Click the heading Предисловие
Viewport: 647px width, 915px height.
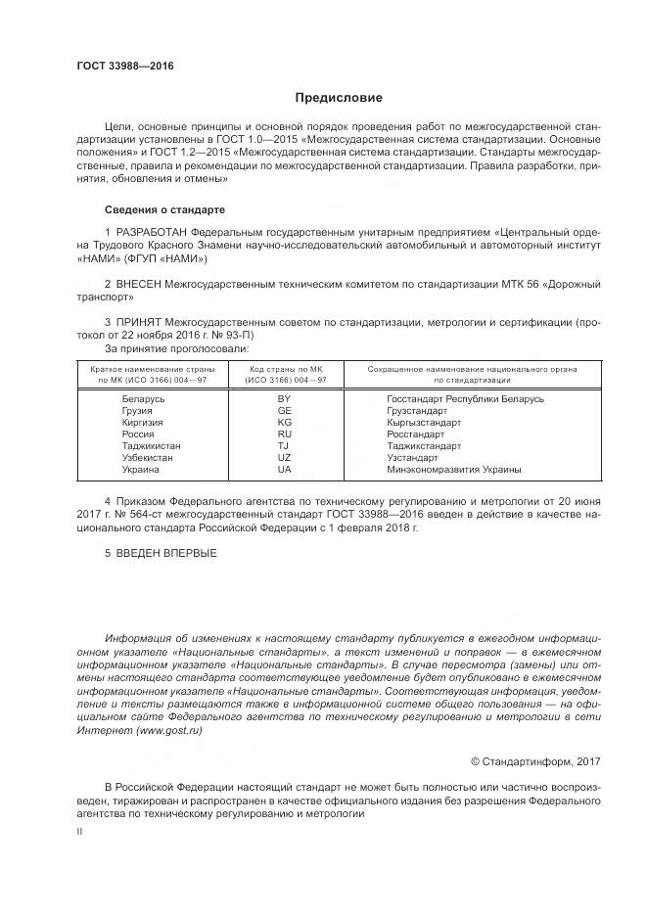coord(339,98)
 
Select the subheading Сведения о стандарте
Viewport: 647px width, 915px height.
coord(164,210)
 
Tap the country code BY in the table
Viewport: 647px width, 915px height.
coord(284,399)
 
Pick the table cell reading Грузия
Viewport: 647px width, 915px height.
coord(136,411)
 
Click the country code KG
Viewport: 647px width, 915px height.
coord(284,423)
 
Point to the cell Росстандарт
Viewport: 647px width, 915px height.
coord(415,435)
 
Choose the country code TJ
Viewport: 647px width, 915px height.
coord(284,446)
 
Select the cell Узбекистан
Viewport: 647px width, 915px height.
coord(147,458)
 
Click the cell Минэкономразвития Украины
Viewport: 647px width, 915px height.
coord(454,470)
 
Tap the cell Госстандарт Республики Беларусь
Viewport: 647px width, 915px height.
coord(465,399)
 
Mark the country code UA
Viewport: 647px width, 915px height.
coord(284,470)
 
